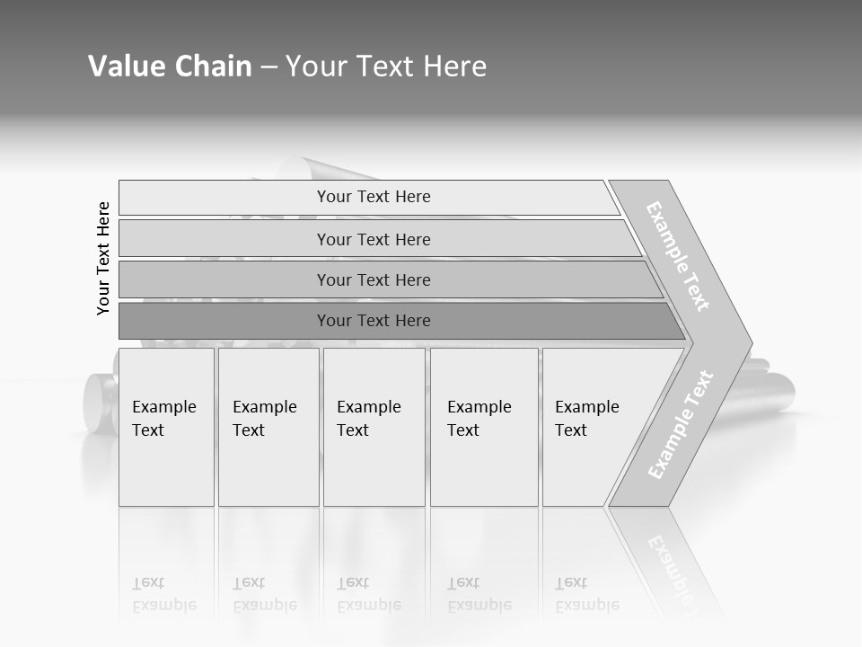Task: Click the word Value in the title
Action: (x=122, y=66)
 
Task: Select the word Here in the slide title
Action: (x=454, y=66)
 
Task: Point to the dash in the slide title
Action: (x=268, y=67)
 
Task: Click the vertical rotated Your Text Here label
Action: (x=103, y=259)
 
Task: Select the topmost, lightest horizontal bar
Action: (x=374, y=197)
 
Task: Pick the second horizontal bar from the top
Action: (x=374, y=239)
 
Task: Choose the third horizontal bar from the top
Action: (x=374, y=279)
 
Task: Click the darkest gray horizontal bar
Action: (x=374, y=321)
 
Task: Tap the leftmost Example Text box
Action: (x=166, y=427)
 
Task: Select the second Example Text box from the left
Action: (x=268, y=427)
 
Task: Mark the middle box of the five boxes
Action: (x=374, y=427)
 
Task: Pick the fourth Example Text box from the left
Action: (x=484, y=427)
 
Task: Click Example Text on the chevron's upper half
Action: (x=679, y=257)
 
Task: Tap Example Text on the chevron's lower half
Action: (x=681, y=424)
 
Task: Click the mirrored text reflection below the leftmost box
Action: (x=164, y=594)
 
